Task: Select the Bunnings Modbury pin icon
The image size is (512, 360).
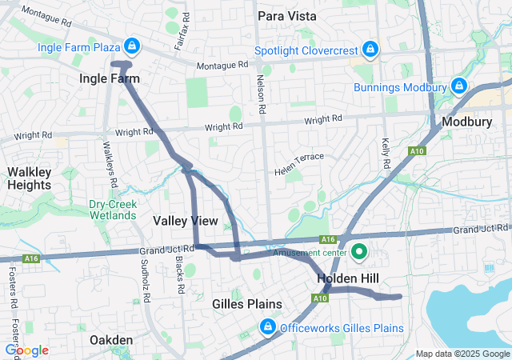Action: [458, 86]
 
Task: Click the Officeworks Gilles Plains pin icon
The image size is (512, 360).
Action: [268, 328]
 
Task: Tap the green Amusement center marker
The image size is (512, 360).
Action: [358, 254]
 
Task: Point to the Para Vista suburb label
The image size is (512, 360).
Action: [287, 15]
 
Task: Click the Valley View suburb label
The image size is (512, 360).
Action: [185, 220]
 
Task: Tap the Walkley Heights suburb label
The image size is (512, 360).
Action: [29, 178]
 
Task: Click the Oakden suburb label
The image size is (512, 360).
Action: [111, 340]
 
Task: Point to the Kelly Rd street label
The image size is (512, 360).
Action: [386, 151]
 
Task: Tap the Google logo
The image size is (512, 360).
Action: [26, 350]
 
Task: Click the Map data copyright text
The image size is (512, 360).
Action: [462, 354]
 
